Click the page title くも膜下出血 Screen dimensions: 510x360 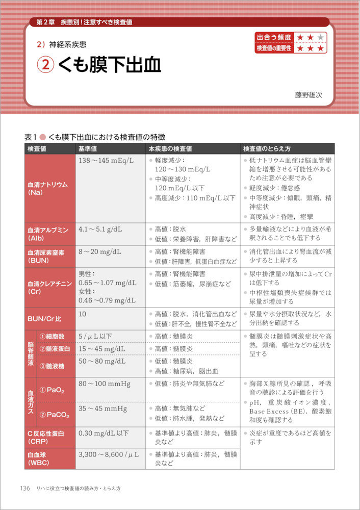109,66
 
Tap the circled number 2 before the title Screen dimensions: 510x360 45,66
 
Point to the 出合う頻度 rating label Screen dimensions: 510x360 274,37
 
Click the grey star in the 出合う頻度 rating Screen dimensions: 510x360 320,37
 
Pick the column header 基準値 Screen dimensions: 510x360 88,148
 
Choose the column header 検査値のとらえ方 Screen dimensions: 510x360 267,148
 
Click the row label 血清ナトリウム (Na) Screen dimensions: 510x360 48,188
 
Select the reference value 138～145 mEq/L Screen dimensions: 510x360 106,160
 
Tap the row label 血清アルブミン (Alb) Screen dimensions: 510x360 48,234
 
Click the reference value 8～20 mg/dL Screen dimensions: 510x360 100,251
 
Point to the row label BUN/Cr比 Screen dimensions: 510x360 44,318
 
